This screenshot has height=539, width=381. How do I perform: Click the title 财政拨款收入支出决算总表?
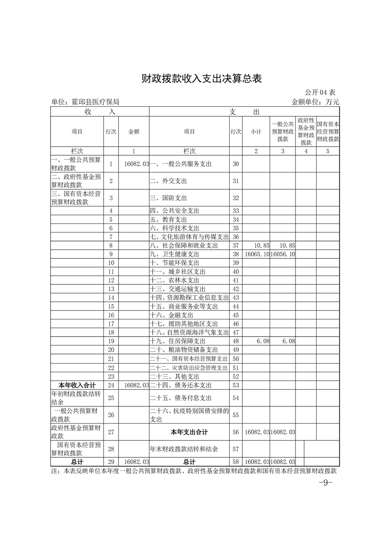(201, 79)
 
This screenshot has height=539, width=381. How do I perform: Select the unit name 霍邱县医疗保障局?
(85, 102)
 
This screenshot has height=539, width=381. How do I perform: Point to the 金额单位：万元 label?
(315, 102)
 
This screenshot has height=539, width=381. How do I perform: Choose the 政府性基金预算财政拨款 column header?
(306, 131)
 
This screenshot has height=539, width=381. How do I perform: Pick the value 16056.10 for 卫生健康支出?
(283, 254)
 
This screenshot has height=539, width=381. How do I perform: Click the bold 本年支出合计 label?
(189, 432)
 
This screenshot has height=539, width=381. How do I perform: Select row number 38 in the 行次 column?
(235, 254)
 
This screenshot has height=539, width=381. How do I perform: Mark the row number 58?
(235, 462)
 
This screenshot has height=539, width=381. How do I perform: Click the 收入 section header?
(99, 112)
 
